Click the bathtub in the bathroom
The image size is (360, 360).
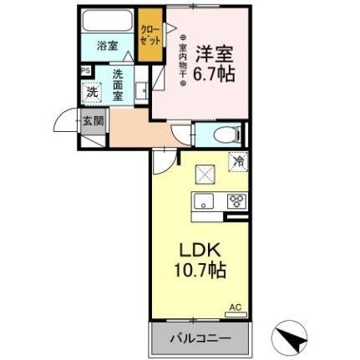[109, 20]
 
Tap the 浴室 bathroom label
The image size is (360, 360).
[107, 46]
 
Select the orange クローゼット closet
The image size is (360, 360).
[151, 33]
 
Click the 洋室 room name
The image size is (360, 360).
[214, 52]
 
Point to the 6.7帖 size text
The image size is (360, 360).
[215, 73]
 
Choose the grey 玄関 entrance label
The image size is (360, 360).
[92, 120]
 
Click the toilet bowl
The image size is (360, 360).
[223, 135]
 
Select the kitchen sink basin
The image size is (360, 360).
[205, 201]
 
